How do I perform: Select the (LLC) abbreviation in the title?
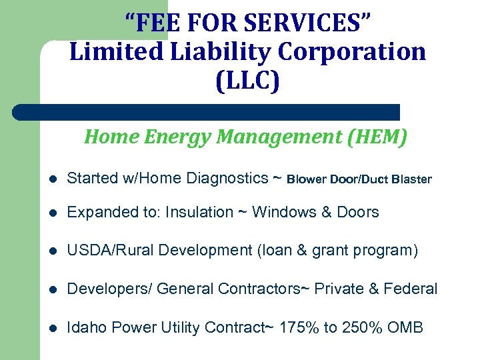pos(248,81)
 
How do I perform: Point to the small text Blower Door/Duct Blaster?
pos(360,179)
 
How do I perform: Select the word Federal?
pos(412,289)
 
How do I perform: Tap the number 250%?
pos(355,327)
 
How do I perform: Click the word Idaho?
pos(87,327)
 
